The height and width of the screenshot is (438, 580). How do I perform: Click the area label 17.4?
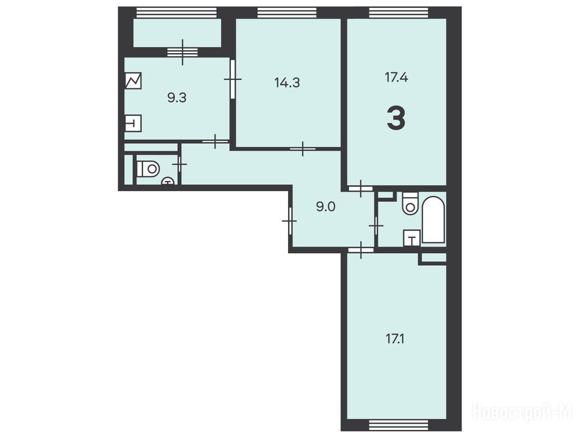tap(396, 78)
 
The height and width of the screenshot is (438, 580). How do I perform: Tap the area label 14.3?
tap(287, 83)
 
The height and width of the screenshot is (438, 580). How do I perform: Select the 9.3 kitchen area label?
tap(177, 99)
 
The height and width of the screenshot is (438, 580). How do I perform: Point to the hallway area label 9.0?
tap(326, 206)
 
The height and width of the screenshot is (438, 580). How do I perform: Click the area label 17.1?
tap(395, 339)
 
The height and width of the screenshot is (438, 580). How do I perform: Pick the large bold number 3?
tap(396, 118)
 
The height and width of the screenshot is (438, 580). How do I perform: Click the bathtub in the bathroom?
tap(433, 220)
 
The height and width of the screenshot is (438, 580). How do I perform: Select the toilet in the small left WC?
tap(148, 169)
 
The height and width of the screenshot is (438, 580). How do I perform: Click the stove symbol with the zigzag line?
tap(133, 80)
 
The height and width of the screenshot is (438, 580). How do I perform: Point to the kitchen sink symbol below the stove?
tap(133, 123)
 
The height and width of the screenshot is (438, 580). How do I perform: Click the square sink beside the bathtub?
tap(412, 237)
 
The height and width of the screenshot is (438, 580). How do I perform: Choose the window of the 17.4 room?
tap(399, 13)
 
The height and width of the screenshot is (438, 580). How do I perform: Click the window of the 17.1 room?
tap(399, 424)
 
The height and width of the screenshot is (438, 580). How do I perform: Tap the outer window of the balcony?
tap(176, 13)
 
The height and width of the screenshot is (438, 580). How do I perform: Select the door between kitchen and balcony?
tap(182, 52)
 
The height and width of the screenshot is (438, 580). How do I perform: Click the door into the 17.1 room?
tap(361, 250)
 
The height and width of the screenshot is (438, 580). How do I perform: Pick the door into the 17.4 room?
tap(360, 188)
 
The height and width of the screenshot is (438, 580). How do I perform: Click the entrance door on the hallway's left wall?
tap(290, 221)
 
